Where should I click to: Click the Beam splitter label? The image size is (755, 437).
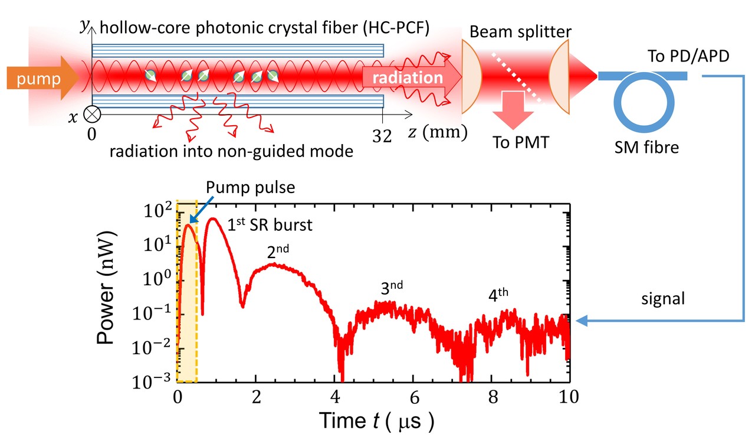[521, 30]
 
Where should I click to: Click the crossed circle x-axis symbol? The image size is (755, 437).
[94, 113]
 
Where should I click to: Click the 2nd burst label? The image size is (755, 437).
[278, 252]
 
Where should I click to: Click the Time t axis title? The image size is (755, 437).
[376, 420]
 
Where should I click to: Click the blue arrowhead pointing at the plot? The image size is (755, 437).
[581, 321]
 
